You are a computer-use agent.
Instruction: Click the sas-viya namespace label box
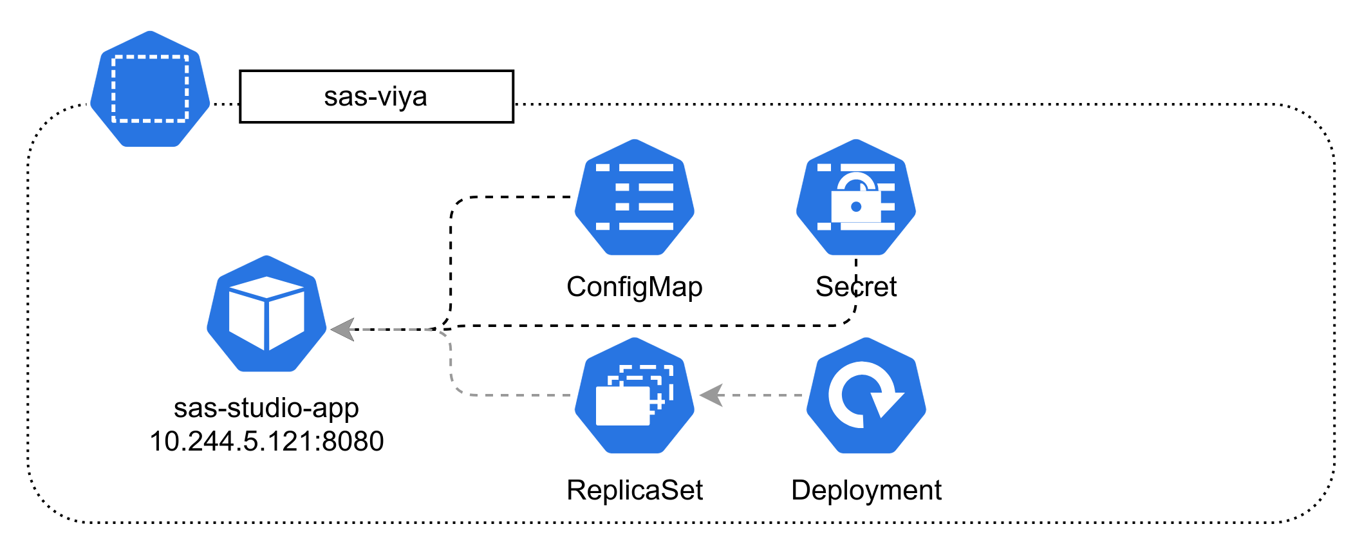coord(376,97)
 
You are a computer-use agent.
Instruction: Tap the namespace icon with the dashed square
coord(150,88)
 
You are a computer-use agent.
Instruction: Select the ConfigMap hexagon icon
coord(635,197)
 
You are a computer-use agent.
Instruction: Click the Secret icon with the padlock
coord(856,197)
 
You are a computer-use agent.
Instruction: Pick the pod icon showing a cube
coord(266,314)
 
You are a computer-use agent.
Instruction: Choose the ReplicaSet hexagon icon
coord(635,395)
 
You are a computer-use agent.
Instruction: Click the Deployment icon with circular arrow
coord(866,395)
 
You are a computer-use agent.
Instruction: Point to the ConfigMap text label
coord(635,287)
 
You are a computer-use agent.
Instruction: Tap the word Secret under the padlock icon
coord(856,287)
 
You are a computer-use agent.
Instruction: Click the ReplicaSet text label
coord(635,490)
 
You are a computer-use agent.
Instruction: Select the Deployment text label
coord(866,490)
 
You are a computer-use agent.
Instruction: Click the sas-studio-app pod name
coord(266,408)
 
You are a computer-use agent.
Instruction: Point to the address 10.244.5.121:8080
coord(266,442)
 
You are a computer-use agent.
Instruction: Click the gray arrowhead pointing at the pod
coord(344,330)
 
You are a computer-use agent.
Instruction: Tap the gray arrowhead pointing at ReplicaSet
coord(712,395)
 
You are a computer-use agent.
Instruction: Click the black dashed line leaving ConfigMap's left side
coord(515,197)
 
